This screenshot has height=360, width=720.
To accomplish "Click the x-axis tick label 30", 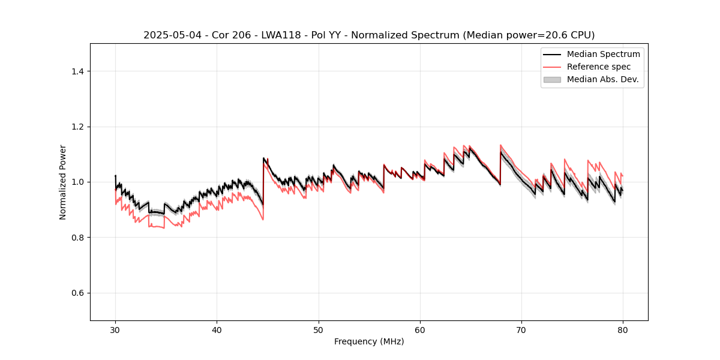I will (115, 329).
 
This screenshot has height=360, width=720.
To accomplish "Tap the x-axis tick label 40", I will (217, 329).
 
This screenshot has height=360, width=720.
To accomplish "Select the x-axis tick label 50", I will (318, 329).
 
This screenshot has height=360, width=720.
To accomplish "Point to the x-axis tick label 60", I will (420, 329).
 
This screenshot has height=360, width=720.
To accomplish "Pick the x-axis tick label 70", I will (521, 329).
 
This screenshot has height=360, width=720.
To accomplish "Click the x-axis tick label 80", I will (623, 329).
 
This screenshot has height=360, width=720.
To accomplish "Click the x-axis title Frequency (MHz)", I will (369, 341).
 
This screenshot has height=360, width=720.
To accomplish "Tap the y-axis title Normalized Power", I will (63, 182).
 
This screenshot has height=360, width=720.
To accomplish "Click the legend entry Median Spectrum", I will (603, 54).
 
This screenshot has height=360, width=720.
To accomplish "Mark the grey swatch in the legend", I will (552, 79).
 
